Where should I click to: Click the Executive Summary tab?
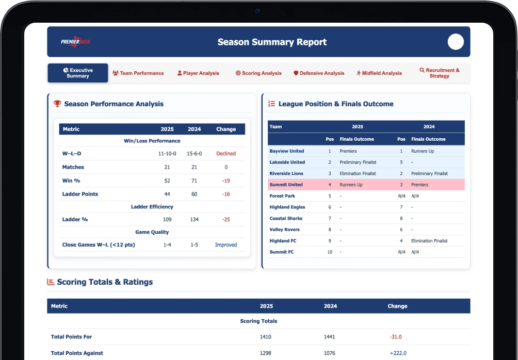[77, 73]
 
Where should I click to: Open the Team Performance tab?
[138, 73]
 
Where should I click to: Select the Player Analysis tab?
[198, 73]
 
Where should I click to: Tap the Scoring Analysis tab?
[258, 73]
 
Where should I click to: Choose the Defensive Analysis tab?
[319, 73]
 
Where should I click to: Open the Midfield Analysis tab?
[379, 73]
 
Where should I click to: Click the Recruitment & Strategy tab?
[440, 73]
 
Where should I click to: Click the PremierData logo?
[75, 42]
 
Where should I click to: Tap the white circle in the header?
[456, 42]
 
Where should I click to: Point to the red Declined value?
[226, 154]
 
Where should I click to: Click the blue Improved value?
[226, 245]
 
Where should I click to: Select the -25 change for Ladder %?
[226, 219]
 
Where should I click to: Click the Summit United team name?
[286, 185]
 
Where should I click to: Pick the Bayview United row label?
[287, 151]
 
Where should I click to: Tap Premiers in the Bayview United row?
[348, 151]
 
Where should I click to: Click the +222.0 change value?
[398, 353]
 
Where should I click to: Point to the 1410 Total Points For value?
[266, 337]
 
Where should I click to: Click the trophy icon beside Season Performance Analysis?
[57, 104]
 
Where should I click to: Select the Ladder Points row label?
[80, 194]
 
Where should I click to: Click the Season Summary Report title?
[272, 42]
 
